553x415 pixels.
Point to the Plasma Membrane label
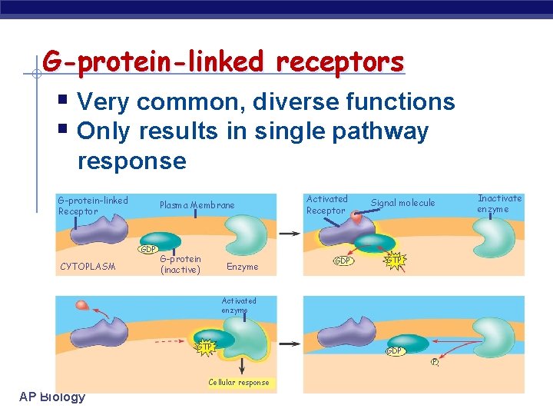click(197, 205)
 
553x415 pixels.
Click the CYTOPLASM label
click(88, 267)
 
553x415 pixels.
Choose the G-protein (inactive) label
click(180, 264)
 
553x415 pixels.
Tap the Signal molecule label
click(402, 203)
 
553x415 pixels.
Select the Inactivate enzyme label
click(498, 204)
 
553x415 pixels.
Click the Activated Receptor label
click(326, 204)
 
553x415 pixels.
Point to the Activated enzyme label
click(239, 305)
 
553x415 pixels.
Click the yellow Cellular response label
click(239, 382)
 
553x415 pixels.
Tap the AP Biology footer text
click(52, 397)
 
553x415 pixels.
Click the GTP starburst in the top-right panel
click(394, 261)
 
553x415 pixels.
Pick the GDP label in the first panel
click(147, 249)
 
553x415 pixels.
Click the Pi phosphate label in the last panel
click(435, 362)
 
